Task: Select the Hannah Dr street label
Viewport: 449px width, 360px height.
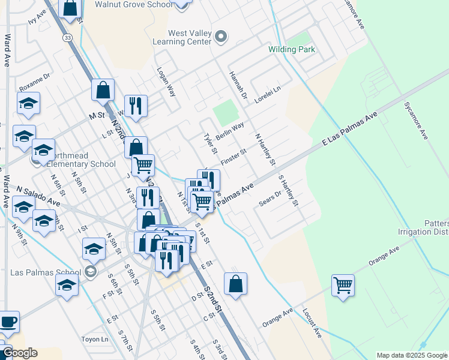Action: point(238,85)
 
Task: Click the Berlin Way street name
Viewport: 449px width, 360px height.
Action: point(230,131)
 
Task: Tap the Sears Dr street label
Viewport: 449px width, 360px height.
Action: point(270,199)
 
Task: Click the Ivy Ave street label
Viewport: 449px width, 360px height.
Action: point(37,16)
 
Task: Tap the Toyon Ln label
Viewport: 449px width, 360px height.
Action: point(96,339)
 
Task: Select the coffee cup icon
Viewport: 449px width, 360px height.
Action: point(8,322)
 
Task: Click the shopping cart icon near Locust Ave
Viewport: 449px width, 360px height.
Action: point(343,286)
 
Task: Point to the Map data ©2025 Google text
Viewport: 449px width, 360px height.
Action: point(411,355)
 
